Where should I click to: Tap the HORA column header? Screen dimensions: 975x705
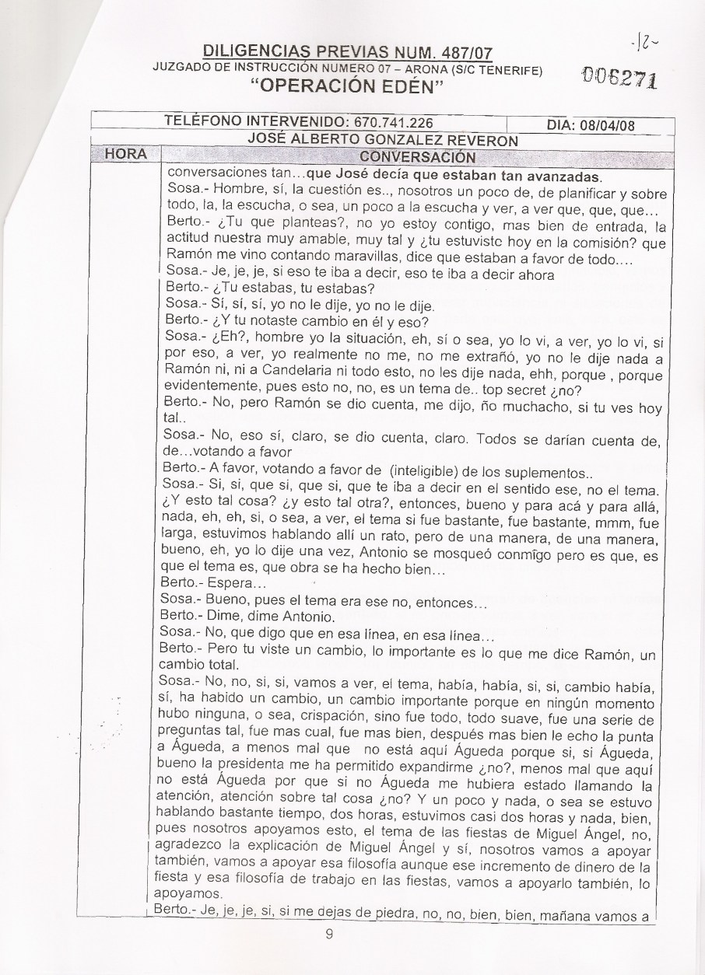click(x=126, y=154)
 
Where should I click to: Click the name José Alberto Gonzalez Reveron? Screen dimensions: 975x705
click(x=382, y=139)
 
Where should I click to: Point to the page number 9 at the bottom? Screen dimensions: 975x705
click(x=329, y=935)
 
